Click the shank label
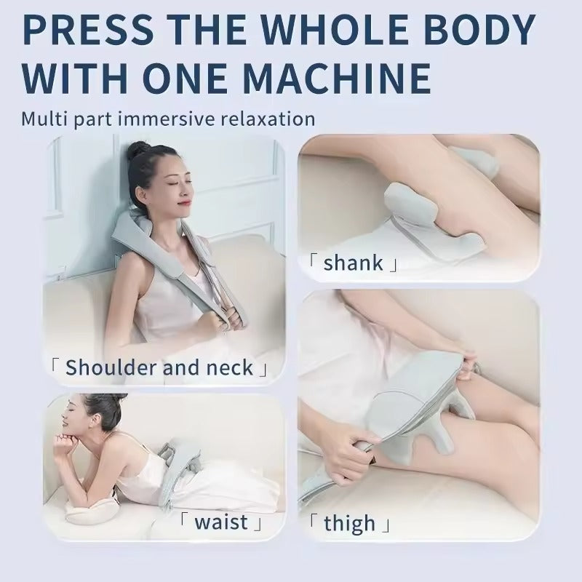(x=352, y=263)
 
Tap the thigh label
(x=349, y=522)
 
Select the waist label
(x=221, y=522)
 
